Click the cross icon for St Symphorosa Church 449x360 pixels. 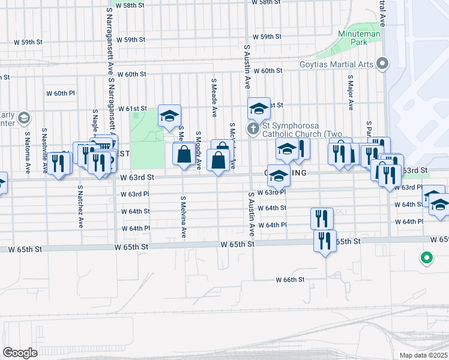(x=253, y=129)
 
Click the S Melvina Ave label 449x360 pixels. (x=184, y=216)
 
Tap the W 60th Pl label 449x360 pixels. (x=60, y=94)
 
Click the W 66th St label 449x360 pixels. (x=291, y=280)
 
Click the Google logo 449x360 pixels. (x=20, y=353)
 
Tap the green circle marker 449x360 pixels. (x=427, y=258)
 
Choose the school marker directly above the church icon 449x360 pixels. (x=259, y=109)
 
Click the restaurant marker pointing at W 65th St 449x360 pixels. (x=325, y=241)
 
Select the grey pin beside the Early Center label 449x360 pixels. (x=23, y=116)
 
